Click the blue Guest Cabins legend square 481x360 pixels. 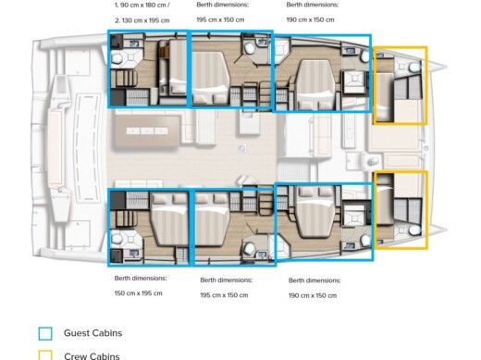tap(45, 333)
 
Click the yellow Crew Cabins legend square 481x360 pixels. tap(45, 355)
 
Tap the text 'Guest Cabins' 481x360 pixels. tap(92, 333)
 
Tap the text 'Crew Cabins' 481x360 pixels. tap(92, 355)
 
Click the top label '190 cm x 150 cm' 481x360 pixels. tap(312, 19)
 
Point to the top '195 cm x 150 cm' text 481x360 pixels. tap(221, 19)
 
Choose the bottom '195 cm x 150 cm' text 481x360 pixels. tap(226, 295)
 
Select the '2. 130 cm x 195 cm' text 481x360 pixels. tap(142, 19)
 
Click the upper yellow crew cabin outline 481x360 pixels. tap(400, 85)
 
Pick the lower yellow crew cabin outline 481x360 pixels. tap(400, 210)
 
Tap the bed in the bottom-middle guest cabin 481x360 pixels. tap(215, 224)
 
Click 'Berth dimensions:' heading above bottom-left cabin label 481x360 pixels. tap(141, 278)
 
